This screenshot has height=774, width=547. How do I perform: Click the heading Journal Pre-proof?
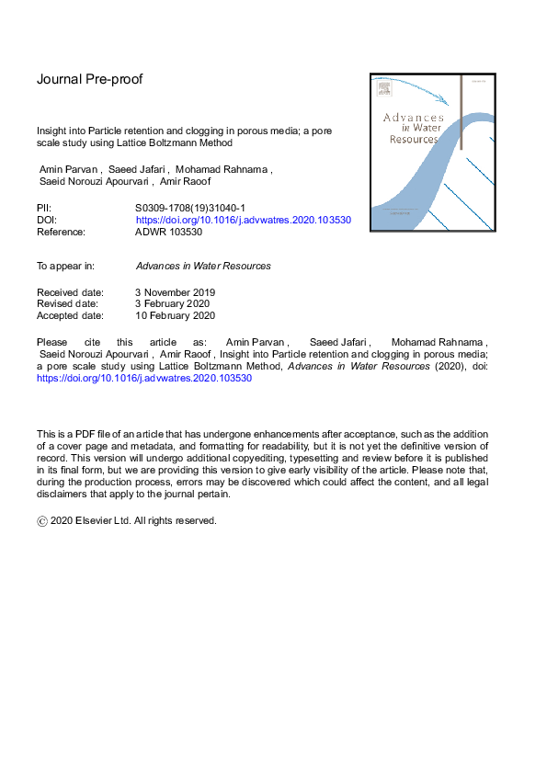click(89, 79)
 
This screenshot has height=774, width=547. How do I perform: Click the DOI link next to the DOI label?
click(244, 221)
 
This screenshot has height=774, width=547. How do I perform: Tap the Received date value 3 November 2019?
click(176, 292)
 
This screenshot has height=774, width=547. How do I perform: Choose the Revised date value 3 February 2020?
click(173, 303)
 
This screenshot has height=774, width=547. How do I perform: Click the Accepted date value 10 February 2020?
click(175, 315)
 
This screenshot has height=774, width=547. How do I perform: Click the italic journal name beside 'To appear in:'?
click(203, 266)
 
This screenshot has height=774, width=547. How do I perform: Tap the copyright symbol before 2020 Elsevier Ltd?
click(42, 520)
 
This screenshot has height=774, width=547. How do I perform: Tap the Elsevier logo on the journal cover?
click(383, 89)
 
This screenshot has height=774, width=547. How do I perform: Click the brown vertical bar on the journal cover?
click(461, 115)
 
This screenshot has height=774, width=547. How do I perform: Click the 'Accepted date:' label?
click(70, 315)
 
